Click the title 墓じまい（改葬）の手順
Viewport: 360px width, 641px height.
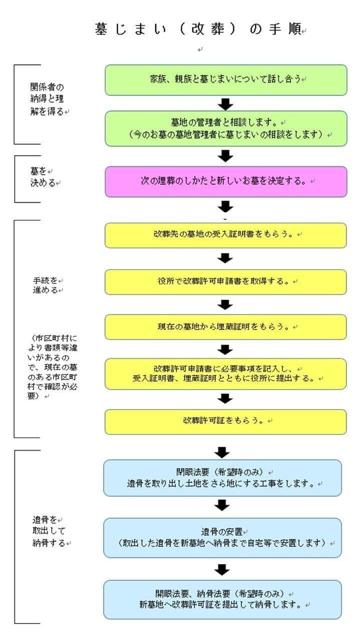198,30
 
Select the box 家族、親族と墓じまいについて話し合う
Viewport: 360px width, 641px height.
225,80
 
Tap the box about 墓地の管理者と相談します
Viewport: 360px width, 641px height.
225,129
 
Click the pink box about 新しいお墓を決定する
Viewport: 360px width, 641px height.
225,181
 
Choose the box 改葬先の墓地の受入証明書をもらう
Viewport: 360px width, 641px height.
225,235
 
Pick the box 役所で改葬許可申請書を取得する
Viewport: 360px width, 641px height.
225,282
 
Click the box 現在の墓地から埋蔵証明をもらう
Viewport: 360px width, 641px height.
225,327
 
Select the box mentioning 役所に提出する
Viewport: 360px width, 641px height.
225,374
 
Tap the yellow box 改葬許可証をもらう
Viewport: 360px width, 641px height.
225,422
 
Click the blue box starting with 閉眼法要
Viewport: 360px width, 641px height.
222,478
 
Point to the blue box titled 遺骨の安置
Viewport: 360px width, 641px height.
222,537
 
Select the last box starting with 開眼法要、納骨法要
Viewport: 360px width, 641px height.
222,599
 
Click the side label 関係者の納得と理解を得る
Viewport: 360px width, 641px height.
48,99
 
